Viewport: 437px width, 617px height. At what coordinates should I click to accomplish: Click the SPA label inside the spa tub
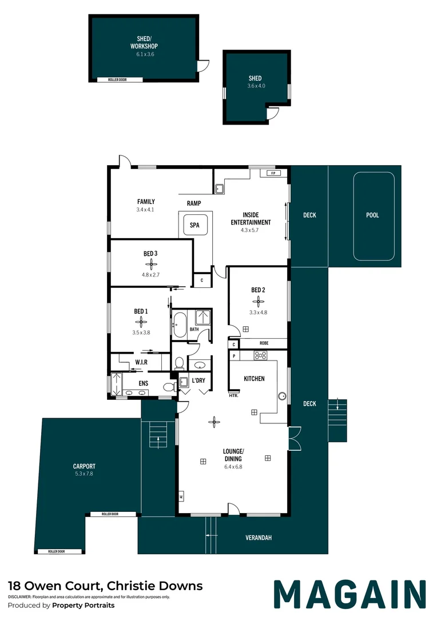(x=194, y=225)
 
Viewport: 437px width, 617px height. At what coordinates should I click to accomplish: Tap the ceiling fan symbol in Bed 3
(x=151, y=264)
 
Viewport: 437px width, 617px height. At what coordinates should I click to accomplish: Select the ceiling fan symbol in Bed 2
(x=258, y=302)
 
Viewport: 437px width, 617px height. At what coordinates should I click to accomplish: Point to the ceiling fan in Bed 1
(x=141, y=322)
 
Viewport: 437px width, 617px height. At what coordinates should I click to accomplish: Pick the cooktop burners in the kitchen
(x=260, y=355)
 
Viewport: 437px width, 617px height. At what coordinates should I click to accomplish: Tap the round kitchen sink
(x=282, y=396)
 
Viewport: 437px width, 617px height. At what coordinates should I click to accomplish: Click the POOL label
(x=372, y=215)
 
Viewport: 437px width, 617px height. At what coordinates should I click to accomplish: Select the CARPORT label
(x=84, y=466)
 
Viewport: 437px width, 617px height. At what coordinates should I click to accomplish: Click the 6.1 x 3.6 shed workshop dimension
(x=145, y=54)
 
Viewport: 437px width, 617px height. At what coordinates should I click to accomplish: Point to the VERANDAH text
(x=259, y=538)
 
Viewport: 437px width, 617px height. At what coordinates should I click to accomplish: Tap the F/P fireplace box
(x=273, y=173)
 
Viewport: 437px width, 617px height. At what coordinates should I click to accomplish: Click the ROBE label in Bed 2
(x=264, y=343)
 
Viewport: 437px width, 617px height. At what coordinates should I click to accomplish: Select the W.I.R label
(x=141, y=362)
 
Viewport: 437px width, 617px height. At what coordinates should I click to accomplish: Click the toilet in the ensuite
(x=169, y=387)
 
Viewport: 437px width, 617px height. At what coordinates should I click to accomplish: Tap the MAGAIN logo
(x=350, y=594)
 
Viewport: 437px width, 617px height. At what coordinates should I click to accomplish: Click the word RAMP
(x=194, y=203)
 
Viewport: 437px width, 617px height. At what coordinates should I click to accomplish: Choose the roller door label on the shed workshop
(x=117, y=79)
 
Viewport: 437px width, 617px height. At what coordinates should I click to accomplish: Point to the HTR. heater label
(x=234, y=395)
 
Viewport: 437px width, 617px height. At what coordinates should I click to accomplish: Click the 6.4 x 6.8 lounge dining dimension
(x=233, y=467)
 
